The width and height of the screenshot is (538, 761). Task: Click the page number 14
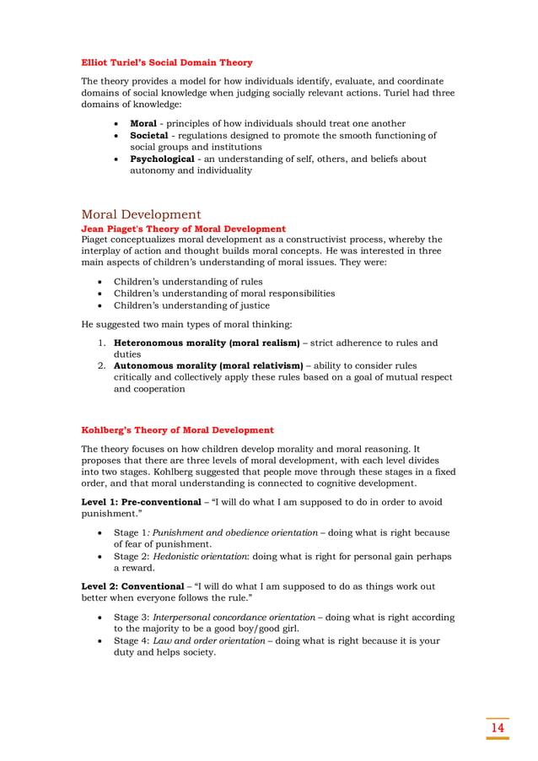498,727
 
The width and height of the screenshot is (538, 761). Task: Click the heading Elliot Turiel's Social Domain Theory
166,62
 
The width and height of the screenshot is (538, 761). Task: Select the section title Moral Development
141,214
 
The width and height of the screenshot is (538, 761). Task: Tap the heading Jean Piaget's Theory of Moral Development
183,229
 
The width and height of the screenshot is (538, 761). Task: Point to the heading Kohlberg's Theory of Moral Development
177,429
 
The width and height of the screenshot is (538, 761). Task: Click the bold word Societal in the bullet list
152,135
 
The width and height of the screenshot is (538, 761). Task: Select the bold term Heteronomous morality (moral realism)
207,343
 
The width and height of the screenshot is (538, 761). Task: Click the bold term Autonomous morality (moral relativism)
208,365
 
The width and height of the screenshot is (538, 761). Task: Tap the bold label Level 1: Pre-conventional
143,502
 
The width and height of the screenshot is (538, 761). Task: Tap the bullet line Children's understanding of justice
191,305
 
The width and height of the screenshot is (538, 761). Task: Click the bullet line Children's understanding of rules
187,281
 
